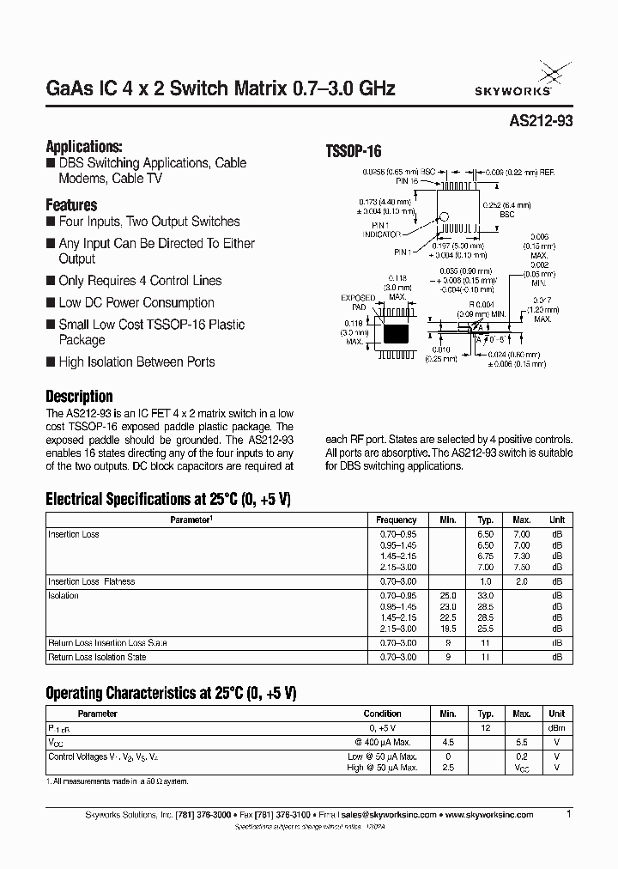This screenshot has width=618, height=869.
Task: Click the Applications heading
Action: [83, 146]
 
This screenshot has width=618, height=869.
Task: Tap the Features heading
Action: [71, 205]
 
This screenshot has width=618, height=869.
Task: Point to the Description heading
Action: [79, 397]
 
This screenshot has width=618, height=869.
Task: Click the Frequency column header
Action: [397, 520]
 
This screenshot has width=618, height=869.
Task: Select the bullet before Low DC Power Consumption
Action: [51, 303]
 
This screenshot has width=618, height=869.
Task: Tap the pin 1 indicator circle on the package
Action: [445, 220]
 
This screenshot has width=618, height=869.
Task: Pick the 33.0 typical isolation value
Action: [486, 595]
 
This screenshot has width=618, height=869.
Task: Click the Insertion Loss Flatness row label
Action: [91, 581]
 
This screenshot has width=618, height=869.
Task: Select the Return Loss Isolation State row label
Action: [97, 657]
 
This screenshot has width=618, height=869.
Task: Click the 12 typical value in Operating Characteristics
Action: [486, 727]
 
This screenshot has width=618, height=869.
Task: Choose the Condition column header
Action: [383, 714]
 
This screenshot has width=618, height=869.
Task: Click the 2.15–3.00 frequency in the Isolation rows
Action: [397, 629]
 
